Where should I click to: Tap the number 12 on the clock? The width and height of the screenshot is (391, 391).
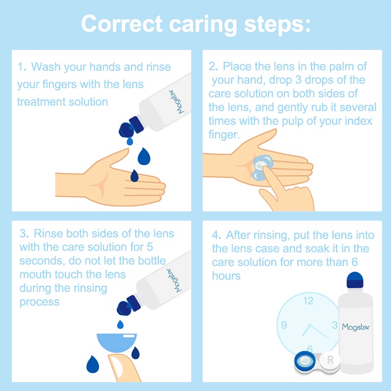pos(308,301)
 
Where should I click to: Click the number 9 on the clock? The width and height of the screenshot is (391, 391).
pos(284,325)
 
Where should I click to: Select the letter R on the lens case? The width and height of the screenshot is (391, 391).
pos(330,360)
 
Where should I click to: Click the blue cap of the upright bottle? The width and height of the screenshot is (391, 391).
pos(355,280)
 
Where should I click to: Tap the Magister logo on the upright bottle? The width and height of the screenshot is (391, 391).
pos(356,327)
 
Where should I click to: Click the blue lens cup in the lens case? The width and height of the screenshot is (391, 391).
pos(304,361)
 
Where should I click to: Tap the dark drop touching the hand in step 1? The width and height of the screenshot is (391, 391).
pos(134,175)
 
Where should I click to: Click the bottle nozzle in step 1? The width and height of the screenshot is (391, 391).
pos(130,128)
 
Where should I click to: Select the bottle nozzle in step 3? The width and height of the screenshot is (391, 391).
pos(129,305)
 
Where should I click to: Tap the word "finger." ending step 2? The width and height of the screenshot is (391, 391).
pos(224,135)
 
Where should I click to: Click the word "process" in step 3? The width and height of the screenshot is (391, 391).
pos(40,302)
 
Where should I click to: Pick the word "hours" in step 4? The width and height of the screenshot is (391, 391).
pos(226,276)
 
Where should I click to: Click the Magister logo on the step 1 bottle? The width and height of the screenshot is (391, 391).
pos(176,102)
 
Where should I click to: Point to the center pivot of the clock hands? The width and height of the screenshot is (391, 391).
pos(309,326)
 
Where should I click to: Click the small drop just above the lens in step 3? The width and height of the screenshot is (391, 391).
pos(120,325)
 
